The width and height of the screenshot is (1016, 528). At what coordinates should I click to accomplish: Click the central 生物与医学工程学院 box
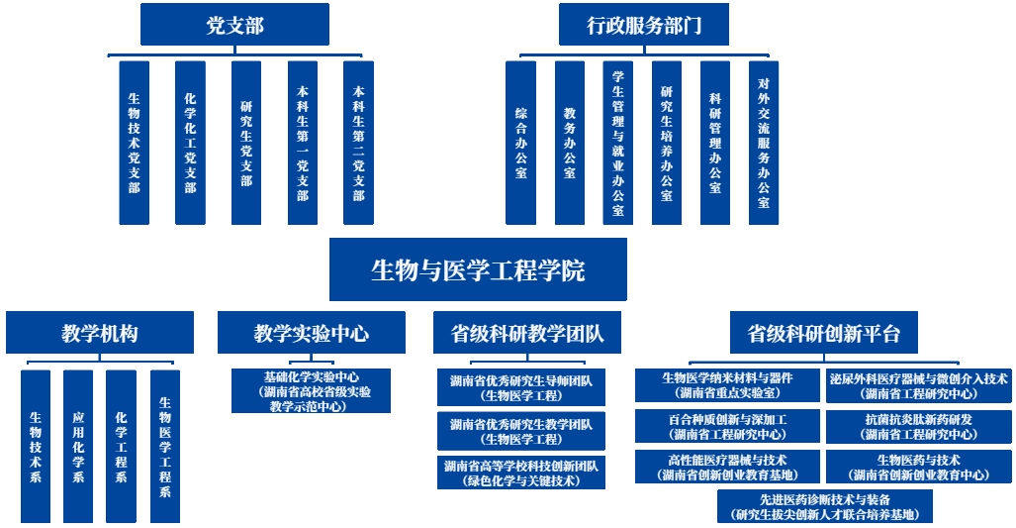478,269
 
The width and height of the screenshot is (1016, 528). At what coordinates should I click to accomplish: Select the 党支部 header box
234,25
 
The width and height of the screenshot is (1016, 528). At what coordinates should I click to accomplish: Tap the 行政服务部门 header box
644,25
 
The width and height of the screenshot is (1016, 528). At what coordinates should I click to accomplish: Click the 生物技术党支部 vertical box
134,143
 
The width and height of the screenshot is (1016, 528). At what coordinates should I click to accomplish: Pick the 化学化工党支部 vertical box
190,143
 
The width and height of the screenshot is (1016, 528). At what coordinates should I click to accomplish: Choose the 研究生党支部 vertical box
246,143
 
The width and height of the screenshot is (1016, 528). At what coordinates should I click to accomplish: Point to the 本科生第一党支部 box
303,143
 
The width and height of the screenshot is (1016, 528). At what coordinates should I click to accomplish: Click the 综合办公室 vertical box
520,143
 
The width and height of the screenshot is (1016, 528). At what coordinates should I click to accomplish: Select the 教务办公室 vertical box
569,143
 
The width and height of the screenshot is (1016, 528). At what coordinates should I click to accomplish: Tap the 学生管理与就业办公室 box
617,143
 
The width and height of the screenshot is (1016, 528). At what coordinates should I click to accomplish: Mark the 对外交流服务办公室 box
763,143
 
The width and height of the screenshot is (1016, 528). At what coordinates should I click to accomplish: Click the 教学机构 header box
99,333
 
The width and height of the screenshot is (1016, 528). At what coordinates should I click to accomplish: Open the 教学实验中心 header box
311,333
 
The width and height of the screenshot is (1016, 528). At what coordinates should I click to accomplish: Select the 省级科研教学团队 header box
526,333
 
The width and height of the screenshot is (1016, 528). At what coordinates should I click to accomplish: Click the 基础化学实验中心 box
312,391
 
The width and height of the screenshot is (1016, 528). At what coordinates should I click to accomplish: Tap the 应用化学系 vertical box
78,446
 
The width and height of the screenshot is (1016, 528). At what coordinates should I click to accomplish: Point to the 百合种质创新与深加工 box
727,427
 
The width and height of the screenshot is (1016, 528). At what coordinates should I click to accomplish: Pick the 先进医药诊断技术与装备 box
825,506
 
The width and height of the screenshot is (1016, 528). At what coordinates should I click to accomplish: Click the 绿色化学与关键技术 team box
521,473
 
